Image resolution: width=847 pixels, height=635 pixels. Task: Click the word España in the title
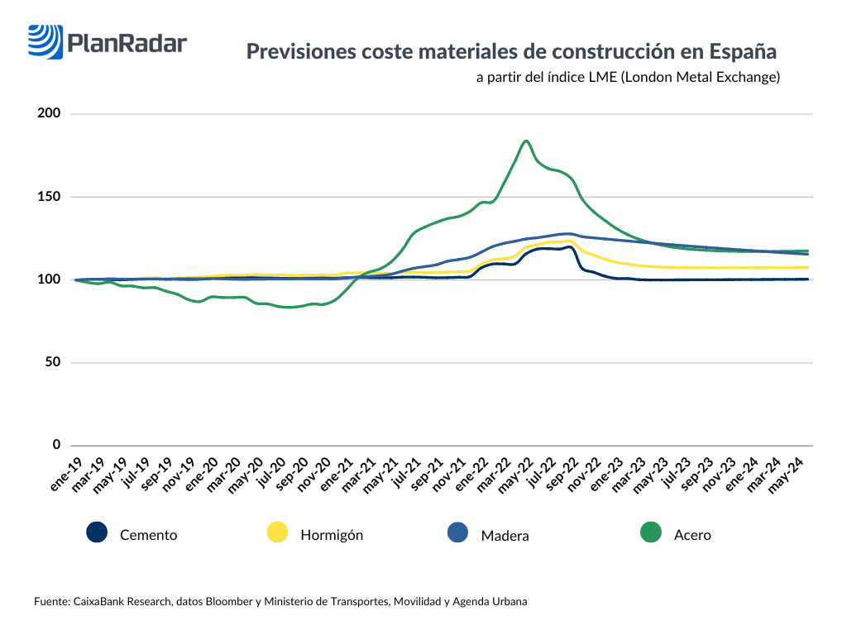point(743,52)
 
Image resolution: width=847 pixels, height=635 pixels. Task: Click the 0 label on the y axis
point(57,445)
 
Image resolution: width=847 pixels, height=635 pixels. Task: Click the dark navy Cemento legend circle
point(97,533)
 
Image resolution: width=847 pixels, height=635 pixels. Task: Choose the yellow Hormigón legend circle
point(277,533)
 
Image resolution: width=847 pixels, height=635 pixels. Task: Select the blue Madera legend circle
point(457,533)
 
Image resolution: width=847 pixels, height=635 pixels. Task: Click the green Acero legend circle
point(652,533)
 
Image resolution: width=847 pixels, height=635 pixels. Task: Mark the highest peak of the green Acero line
point(526,141)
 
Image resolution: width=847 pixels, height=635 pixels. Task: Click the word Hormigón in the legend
point(332,535)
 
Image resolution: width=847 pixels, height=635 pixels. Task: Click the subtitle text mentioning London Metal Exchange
point(628,78)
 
